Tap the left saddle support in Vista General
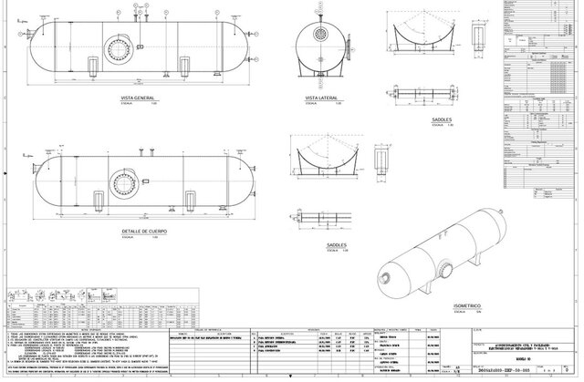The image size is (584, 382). click(92, 66)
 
